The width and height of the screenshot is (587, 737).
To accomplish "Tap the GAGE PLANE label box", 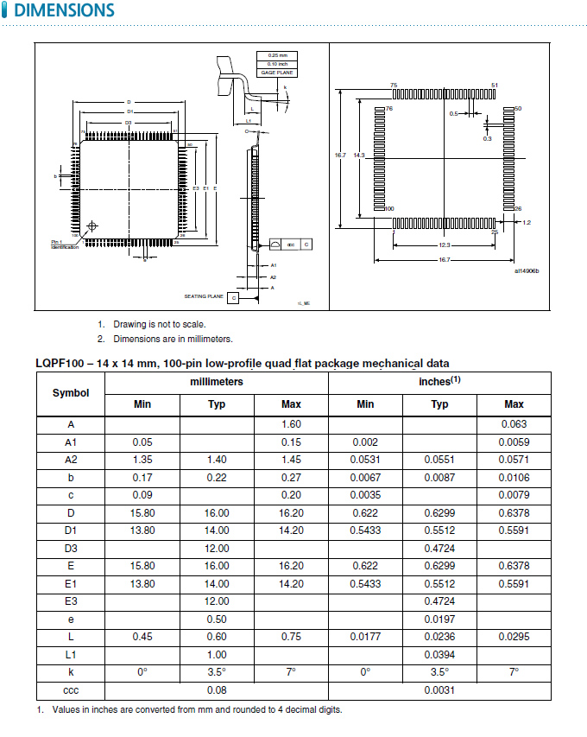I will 277,73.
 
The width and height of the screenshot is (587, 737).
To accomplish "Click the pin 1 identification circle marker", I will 93,226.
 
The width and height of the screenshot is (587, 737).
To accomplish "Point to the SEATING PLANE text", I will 204,296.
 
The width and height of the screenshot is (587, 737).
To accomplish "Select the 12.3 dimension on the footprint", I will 444,245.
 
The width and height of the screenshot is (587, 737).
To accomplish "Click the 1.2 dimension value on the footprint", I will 526,223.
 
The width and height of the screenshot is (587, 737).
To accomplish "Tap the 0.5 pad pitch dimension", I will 453,113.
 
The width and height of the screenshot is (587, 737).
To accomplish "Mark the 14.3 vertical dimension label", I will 359,156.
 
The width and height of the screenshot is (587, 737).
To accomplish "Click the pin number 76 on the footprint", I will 389,109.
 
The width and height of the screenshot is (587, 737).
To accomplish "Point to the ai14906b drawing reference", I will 526,271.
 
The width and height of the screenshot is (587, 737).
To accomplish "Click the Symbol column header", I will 71,393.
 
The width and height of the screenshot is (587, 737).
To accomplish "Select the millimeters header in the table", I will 217,381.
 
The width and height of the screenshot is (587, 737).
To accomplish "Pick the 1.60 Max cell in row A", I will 291,424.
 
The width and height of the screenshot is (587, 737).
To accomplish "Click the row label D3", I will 71,549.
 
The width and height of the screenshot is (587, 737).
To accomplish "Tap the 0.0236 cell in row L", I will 439,637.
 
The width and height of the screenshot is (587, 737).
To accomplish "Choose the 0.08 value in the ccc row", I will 217,690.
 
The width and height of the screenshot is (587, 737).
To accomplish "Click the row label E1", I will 71,584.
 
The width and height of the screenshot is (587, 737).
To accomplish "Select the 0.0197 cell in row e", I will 439,619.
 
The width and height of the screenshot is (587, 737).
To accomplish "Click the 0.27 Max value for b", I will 291,478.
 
